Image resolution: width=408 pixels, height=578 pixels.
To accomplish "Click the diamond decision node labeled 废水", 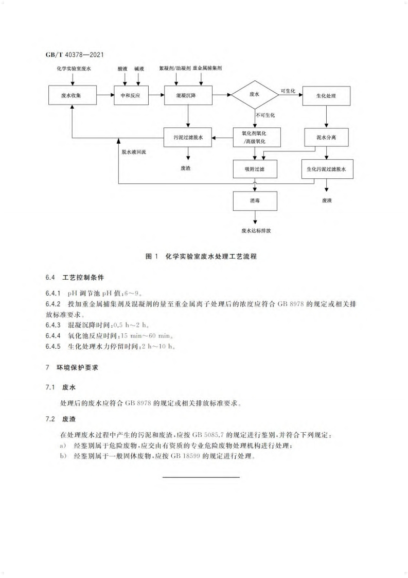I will coord(255,95).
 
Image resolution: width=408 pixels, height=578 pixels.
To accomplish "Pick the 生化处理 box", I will coord(326,95).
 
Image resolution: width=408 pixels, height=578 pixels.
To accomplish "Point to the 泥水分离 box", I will coord(326,138).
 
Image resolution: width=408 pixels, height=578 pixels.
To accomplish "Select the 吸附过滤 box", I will coord(255,168).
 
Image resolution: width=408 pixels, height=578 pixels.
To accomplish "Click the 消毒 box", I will coord(255,200).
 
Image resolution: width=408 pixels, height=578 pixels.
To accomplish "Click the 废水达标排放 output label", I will coord(256,230).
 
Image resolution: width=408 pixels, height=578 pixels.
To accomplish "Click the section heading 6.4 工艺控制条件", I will coord(75,277).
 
